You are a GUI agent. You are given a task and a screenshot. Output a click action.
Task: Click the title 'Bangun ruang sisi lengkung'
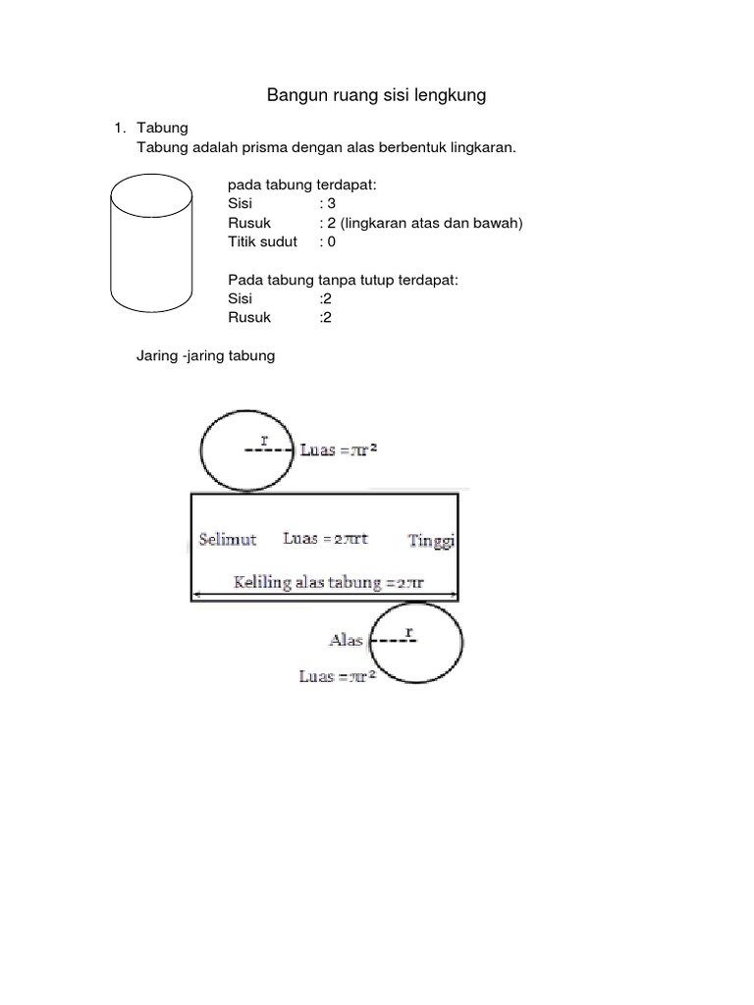[x=376, y=95]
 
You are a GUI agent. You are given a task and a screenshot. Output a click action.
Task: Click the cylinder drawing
[x=111, y=243]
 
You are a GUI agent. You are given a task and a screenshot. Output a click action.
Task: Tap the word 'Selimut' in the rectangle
[x=228, y=539]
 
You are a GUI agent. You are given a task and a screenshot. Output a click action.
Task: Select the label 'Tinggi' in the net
[x=432, y=541]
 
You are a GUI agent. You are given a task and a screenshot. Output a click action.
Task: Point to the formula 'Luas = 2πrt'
[x=326, y=539]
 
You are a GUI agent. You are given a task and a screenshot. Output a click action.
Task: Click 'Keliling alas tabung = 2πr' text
[x=328, y=582]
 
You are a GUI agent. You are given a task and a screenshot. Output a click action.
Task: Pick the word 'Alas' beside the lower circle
[x=347, y=640]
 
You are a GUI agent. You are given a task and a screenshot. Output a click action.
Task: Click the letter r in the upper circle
[x=264, y=440]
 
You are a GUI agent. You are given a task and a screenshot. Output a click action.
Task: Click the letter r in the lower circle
[x=409, y=632]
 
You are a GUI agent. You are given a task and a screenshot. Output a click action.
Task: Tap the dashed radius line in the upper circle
[x=269, y=450]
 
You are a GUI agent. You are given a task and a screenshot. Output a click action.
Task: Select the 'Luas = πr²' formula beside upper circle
[x=339, y=450]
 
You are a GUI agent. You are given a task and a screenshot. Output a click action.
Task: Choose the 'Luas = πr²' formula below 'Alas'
[x=338, y=676]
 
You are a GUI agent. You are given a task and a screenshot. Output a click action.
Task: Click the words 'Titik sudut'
[x=262, y=241]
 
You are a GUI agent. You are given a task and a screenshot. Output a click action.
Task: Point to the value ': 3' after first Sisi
[x=328, y=204]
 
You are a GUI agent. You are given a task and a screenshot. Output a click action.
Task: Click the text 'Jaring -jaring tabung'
[x=206, y=355]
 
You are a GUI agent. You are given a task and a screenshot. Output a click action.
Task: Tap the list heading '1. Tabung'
[x=151, y=128]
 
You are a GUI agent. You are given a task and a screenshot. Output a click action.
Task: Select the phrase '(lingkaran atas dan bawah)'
[x=432, y=223]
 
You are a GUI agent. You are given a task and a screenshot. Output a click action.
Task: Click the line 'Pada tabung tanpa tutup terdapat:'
[x=343, y=280]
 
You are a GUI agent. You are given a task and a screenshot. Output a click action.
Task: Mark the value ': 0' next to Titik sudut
[x=328, y=241]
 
